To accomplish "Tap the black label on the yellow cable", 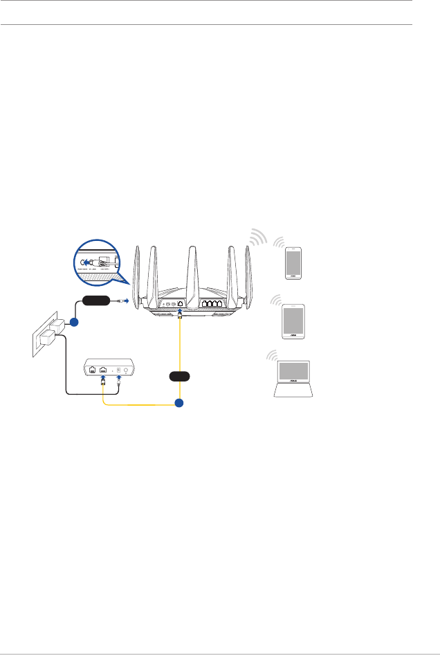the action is click(180, 376).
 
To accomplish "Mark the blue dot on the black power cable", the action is click(73, 323).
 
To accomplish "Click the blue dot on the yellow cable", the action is click(180, 403).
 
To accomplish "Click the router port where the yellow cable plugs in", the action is click(181, 304).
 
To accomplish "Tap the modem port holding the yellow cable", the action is click(103, 370).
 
